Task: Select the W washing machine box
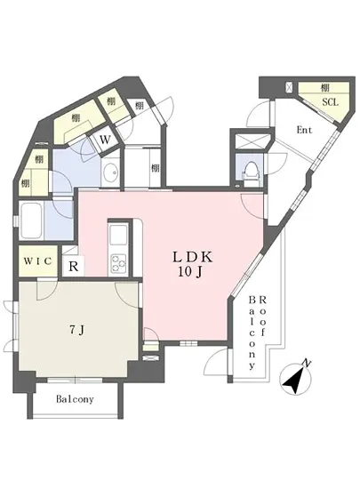pyautogui.click(x=105, y=140)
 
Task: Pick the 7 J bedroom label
pyautogui.click(x=76, y=329)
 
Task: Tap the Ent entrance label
pyautogui.click(x=304, y=131)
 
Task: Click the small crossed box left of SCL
pyautogui.click(x=291, y=88)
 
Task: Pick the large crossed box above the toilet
pyautogui.click(x=248, y=141)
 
